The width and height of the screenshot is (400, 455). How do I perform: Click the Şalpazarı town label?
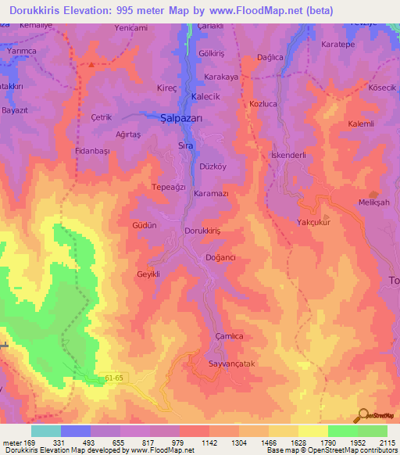[x=181, y=117]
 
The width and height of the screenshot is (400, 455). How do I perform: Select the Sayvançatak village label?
[x=212, y=364]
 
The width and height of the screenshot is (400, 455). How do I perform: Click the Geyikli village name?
[x=148, y=274]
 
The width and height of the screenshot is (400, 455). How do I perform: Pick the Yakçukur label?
[x=314, y=222]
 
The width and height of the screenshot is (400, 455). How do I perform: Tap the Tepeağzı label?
[x=168, y=187]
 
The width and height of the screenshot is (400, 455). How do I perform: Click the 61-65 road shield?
[x=115, y=378]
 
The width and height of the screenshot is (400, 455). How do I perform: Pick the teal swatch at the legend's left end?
[x=46, y=431]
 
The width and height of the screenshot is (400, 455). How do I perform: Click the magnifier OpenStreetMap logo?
[x=362, y=415]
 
